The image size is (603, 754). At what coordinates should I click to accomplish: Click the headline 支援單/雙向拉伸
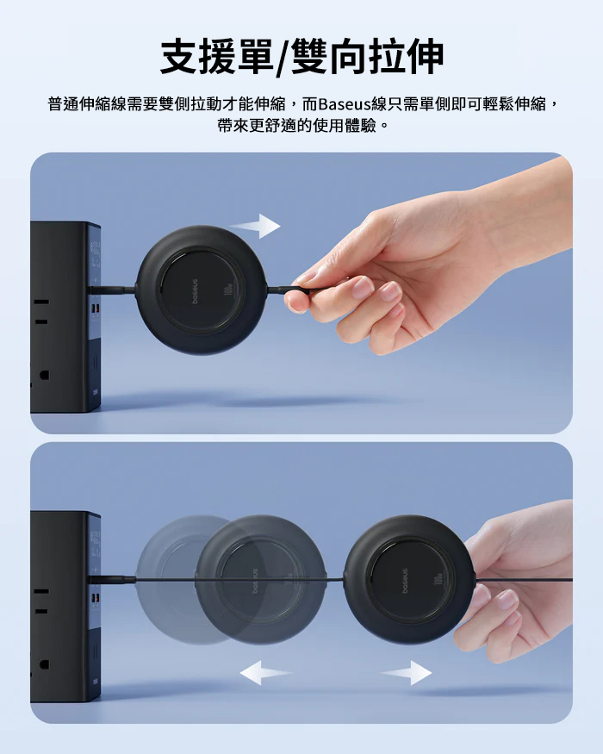tap(301, 57)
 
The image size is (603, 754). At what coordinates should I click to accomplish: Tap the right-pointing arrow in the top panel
tap(254, 226)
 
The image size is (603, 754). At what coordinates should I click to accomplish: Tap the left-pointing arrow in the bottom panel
tap(265, 672)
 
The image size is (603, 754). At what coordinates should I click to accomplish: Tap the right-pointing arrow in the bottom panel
tap(407, 672)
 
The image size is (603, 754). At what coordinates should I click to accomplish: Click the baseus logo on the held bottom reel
tap(404, 581)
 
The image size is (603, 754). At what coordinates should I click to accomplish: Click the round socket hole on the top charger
tap(44, 375)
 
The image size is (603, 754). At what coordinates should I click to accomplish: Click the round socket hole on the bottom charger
tap(44, 664)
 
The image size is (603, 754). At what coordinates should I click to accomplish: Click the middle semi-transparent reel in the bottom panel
tap(261, 579)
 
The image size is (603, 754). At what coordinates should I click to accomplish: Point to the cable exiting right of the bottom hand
tap(524, 580)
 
